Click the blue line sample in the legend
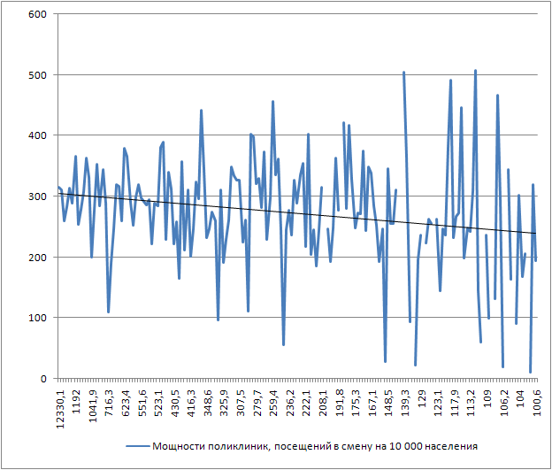137,447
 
